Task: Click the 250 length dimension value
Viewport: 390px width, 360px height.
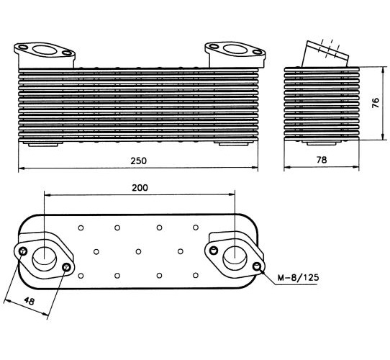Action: tap(139, 161)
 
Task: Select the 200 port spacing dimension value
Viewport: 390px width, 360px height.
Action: tap(140, 187)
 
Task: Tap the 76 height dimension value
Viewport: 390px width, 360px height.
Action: tap(376, 102)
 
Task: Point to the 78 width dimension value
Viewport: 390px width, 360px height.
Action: tap(322, 160)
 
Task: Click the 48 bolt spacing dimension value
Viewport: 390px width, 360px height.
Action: tap(30, 301)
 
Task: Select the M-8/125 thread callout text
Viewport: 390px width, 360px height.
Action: tap(298, 277)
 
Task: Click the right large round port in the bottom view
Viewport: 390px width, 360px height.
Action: tap(235, 259)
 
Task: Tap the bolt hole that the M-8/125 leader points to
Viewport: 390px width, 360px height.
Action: tap(257, 266)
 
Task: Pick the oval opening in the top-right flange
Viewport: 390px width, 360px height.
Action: tap(235, 49)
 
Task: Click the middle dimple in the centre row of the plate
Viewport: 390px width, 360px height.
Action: tap(139, 252)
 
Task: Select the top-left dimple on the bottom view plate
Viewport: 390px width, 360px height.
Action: tap(81, 228)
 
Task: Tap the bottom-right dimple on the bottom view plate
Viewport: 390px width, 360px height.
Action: tap(196, 275)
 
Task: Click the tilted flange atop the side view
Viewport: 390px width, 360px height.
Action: tap(325, 54)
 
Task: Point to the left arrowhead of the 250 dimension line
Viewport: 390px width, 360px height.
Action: tap(22, 168)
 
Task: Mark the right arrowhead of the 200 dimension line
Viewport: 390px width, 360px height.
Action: tap(232, 195)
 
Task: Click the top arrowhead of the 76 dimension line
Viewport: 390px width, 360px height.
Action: tap(383, 70)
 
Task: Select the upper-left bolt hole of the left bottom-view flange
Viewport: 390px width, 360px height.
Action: tap(23, 251)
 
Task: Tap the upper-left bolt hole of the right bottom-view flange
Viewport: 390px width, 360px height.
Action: tap(214, 251)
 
